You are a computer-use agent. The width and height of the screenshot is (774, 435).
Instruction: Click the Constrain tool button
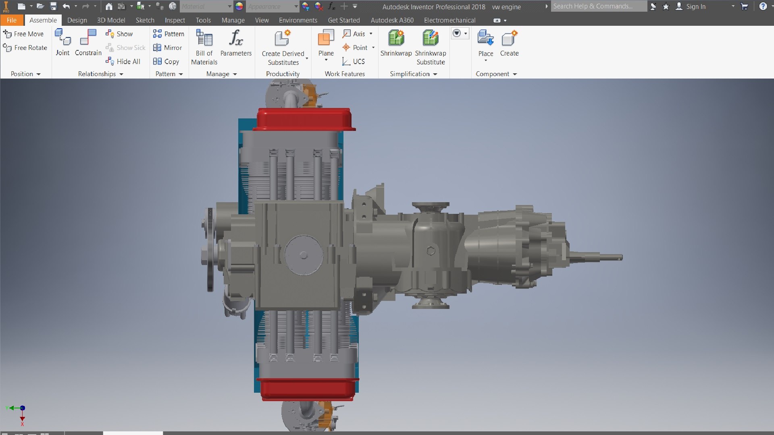point(88,42)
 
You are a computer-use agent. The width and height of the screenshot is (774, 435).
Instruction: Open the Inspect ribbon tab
point(175,20)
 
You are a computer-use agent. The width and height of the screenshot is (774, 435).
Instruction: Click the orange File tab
point(12,20)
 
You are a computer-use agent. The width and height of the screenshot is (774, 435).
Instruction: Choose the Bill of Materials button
point(204,46)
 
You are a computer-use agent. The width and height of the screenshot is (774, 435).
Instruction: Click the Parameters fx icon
point(236,38)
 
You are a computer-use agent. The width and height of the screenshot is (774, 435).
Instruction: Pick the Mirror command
point(168,48)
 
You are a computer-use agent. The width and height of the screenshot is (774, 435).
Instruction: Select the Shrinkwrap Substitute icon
point(430,38)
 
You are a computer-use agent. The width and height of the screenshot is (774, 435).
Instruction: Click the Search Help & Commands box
point(598,6)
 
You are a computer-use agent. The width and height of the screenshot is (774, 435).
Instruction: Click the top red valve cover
point(304,119)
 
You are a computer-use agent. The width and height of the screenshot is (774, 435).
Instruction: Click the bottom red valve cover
point(307,389)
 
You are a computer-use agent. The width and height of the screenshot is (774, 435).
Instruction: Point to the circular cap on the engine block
point(304,255)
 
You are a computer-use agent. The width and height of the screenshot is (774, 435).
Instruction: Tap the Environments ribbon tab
point(298,20)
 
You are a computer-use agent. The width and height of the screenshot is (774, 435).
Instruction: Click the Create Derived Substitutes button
point(283,46)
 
